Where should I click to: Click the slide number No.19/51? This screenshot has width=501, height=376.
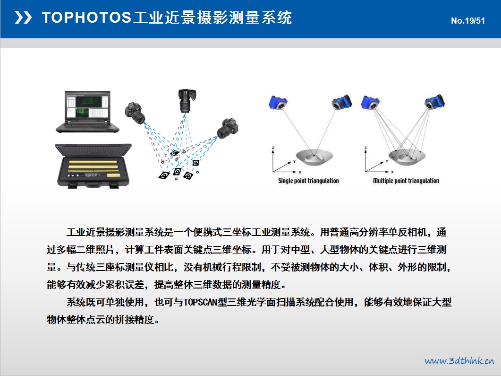468,21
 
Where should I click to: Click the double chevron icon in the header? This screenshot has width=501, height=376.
23,17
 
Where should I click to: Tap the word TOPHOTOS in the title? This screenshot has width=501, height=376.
86,17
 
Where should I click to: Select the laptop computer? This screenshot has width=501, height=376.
87,112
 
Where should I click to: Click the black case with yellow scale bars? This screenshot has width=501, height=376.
93,166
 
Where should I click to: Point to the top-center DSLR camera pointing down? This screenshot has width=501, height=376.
187,101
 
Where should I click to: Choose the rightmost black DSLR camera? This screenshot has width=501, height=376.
228,128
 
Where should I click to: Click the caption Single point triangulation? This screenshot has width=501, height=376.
308,181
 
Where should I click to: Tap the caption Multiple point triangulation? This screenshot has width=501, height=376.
406,181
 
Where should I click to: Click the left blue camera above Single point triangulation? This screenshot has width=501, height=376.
278,103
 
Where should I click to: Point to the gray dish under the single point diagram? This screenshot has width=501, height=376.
314,157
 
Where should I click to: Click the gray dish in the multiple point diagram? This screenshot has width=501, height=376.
407,157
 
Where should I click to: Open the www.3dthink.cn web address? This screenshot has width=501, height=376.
459,361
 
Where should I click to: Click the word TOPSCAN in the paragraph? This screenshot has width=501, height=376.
200,302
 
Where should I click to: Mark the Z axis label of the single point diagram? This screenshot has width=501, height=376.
273,148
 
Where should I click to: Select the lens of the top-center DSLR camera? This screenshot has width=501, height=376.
186,107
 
